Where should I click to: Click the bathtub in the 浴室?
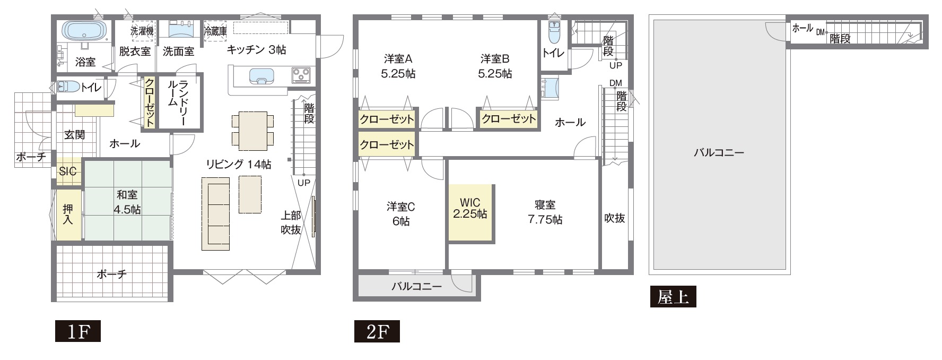[x=84, y=29]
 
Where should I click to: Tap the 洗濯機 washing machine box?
[x=142, y=31]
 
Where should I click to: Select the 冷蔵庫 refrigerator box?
[x=215, y=31]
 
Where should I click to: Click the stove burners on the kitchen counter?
[x=301, y=75]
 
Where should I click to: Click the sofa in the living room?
[x=215, y=213]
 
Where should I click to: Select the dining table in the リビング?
[x=252, y=131]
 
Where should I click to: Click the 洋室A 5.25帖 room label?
[x=398, y=66]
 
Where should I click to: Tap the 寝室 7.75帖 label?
[x=545, y=212]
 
